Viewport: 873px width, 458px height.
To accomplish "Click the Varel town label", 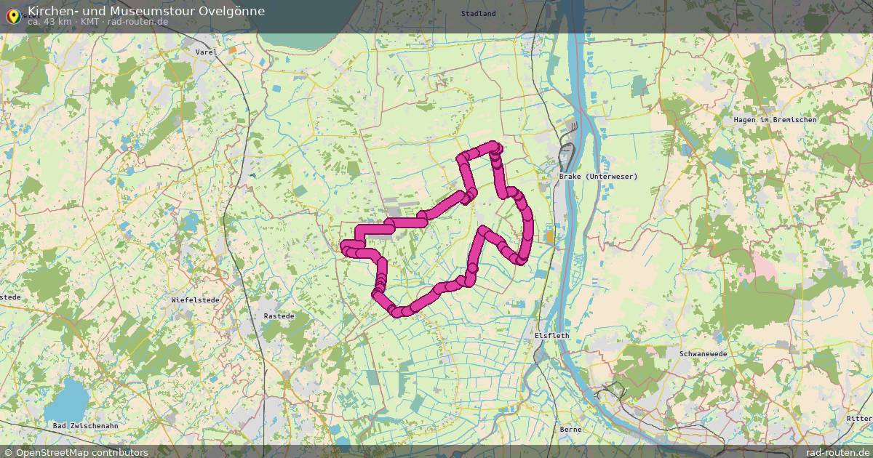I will coord(207,52).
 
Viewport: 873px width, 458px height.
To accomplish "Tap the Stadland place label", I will coord(478,14).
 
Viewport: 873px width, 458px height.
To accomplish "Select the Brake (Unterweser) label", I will coord(598,177).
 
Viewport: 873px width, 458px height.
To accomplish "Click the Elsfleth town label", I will coord(551,336).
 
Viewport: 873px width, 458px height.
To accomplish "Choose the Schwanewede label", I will coord(703,353).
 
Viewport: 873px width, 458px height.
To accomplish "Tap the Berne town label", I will coord(570,430).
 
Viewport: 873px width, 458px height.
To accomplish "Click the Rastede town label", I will coord(279,317).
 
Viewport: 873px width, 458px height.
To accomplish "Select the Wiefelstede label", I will coord(191,300).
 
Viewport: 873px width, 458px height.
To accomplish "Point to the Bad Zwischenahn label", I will coord(85,425).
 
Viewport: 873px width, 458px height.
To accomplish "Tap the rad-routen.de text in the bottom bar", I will coord(838,452).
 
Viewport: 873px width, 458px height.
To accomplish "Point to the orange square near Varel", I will coord(233,50).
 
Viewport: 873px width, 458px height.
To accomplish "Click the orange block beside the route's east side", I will coord(549,236).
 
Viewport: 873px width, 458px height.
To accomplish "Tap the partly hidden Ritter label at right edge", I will coord(859,419).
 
